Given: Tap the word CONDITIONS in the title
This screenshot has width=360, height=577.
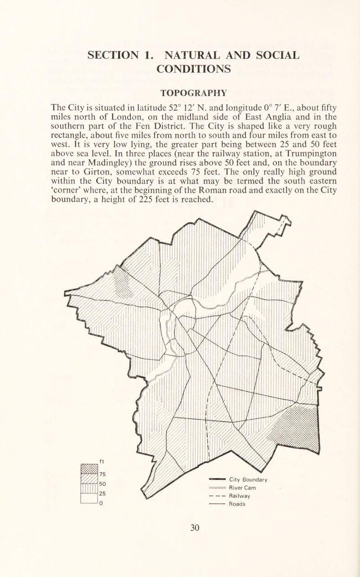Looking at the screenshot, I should click(179, 68).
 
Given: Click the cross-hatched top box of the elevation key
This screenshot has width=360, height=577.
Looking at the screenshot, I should click(89, 468).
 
